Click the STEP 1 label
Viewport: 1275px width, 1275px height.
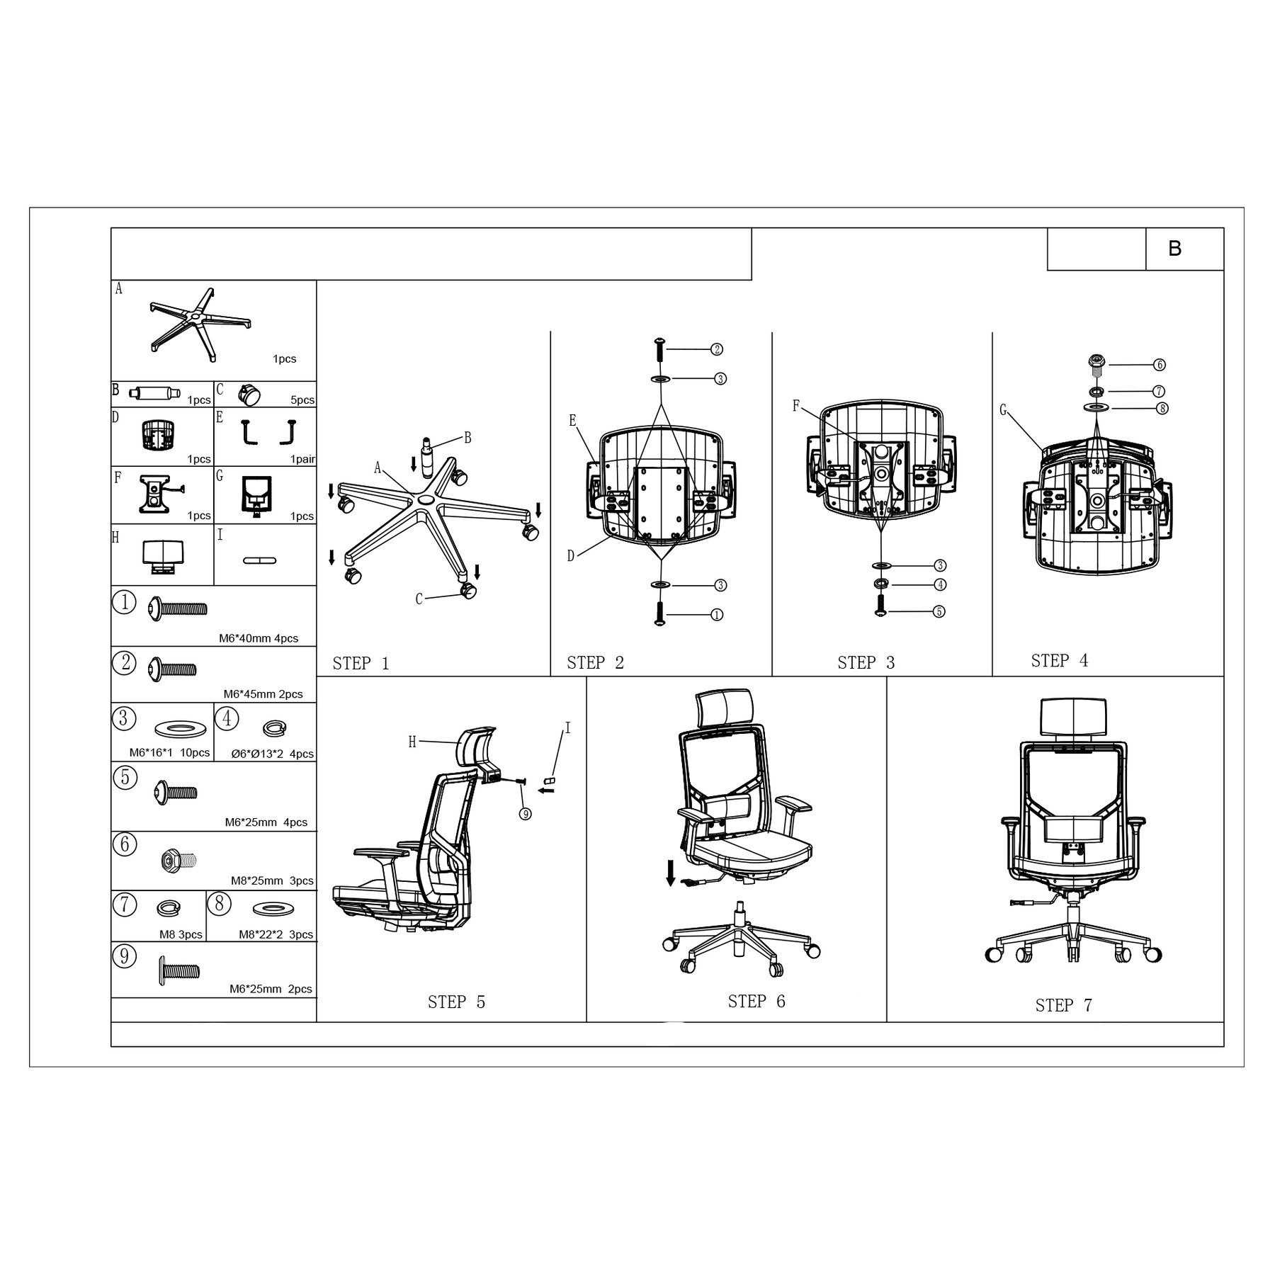pyautogui.click(x=361, y=664)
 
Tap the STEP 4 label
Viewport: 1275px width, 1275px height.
pyautogui.click(x=1060, y=661)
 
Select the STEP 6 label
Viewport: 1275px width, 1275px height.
pyautogui.click(x=756, y=1001)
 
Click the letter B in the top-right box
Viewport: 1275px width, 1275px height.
pyautogui.click(x=1175, y=249)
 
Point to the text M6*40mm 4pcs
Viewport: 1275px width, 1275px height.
pyautogui.click(x=259, y=638)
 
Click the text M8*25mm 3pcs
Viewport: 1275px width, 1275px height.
pyautogui.click(x=272, y=881)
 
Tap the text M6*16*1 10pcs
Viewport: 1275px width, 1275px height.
pyautogui.click(x=169, y=752)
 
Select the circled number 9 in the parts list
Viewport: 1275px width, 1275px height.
pyautogui.click(x=124, y=956)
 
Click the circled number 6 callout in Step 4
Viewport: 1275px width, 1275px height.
pyautogui.click(x=1160, y=365)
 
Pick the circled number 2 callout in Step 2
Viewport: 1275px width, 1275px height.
pyautogui.click(x=717, y=349)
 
